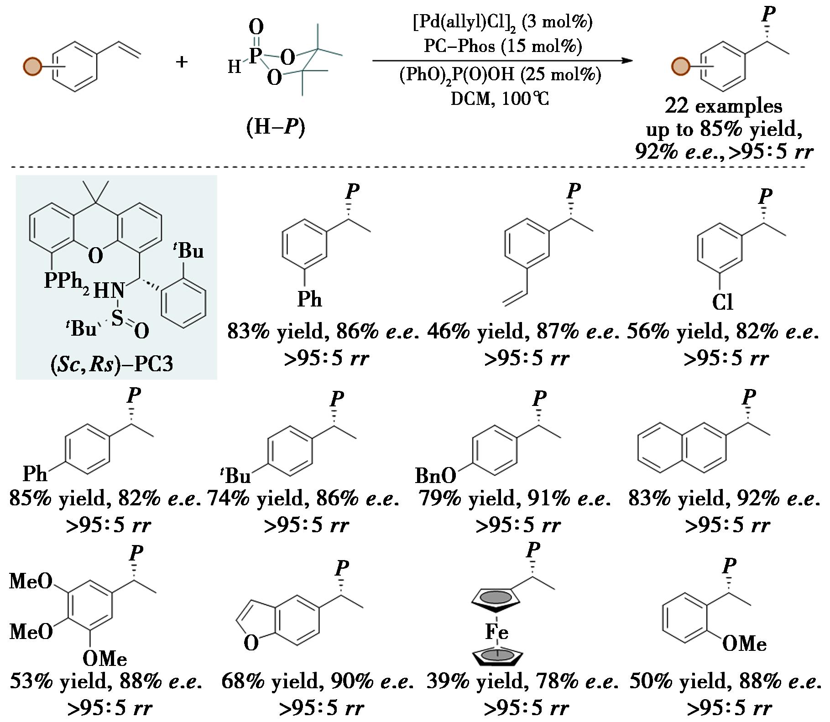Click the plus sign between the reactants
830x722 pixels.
[182, 62]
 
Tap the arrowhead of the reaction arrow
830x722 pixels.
[628, 61]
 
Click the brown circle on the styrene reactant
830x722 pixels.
[32, 66]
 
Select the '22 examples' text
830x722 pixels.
[724, 106]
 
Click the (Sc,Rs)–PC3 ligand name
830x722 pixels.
[112, 364]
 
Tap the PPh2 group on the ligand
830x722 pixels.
[67, 280]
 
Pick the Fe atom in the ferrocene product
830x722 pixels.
[496, 632]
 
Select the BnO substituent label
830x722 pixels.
[435, 476]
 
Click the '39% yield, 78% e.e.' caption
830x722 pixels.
[522, 681]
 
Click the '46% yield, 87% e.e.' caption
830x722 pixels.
[523, 332]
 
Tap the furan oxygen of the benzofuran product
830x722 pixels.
[251, 643]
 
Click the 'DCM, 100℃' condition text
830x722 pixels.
[500, 99]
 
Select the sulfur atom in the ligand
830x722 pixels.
[117, 317]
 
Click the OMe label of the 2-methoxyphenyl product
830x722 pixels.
[744, 644]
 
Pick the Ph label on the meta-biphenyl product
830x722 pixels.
[309, 300]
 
